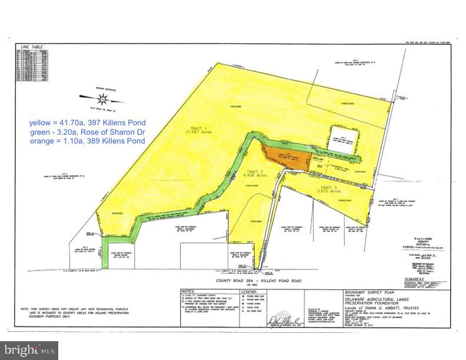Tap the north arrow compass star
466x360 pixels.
click(102, 98)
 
